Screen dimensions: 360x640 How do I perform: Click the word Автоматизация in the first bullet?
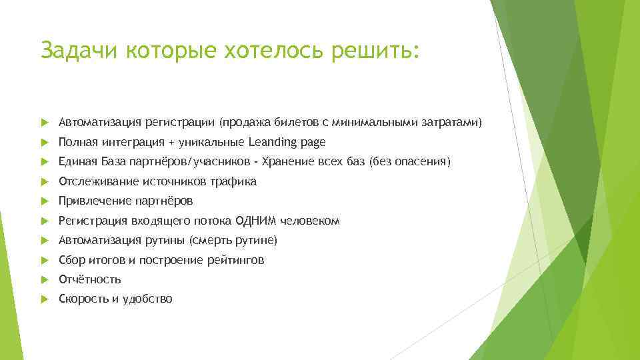click(99, 123)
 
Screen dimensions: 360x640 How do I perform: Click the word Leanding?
click(274, 142)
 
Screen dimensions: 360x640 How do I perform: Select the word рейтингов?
click(237, 260)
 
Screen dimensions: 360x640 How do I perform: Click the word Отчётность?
click(89, 279)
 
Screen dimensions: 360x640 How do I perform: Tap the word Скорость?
click(83, 299)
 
